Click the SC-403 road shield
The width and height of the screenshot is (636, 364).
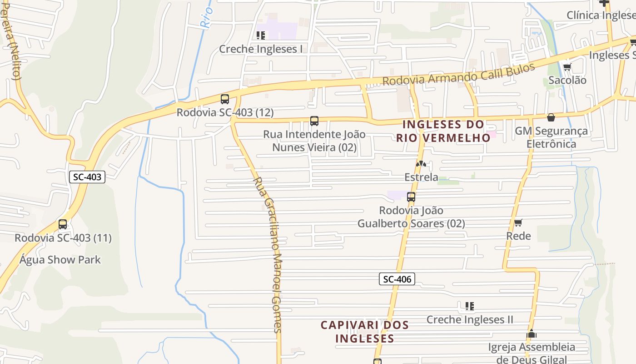[87, 177]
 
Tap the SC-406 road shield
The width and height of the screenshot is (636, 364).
[397, 279]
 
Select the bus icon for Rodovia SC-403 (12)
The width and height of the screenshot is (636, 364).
[224, 99]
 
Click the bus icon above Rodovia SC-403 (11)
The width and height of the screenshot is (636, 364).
[63, 224]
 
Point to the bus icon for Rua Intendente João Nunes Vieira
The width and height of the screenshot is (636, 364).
[314, 121]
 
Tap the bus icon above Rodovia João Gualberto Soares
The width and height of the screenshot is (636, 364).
[411, 197]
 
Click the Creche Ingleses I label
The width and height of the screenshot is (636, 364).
[261, 49]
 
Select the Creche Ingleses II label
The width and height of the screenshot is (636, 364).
[470, 319]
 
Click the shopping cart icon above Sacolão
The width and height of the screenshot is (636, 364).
[567, 67]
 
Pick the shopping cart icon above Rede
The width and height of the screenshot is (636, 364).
[518, 223]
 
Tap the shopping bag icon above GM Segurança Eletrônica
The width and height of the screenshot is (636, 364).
[551, 118]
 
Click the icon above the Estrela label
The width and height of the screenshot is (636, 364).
[421, 164]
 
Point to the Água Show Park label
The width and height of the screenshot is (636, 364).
[60, 260]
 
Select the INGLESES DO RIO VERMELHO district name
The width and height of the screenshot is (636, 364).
[443, 131]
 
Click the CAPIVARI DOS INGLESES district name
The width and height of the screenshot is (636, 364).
[365, 332]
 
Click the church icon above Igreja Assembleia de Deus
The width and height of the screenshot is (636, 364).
[532, 334]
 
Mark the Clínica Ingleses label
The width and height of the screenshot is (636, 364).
[601, 15]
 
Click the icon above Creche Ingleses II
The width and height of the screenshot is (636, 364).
[470, 306]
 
